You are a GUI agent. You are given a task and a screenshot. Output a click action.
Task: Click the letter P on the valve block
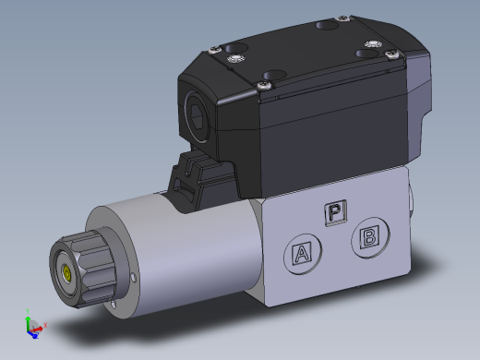click(334, 212)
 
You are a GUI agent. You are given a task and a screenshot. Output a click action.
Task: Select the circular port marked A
click(301, 251)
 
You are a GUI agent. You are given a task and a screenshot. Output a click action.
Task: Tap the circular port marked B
click(368, 237)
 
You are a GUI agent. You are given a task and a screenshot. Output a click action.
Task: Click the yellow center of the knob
click(67, 272)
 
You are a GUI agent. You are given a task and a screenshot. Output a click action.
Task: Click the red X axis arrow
click(42, 325)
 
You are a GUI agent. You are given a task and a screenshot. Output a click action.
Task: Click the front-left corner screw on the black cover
click(265, 85)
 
